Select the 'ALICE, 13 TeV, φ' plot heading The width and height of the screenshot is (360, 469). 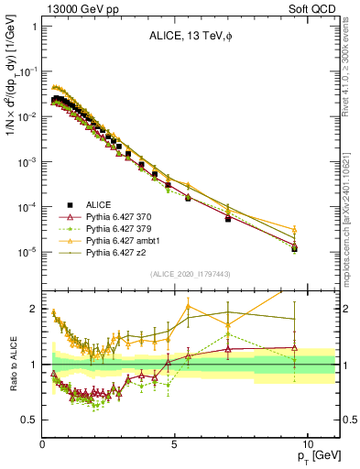190,37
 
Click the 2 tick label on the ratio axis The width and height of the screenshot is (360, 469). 34,309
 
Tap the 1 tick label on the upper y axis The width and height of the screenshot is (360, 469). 34,27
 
